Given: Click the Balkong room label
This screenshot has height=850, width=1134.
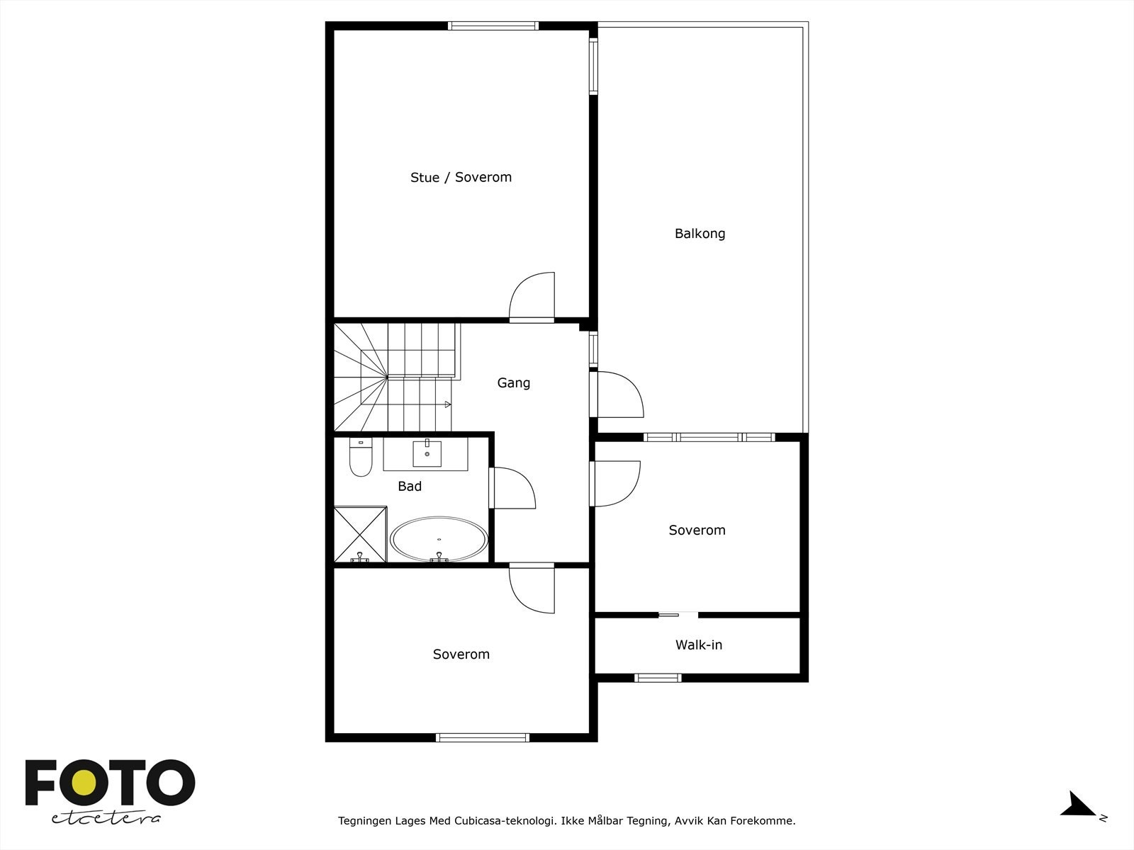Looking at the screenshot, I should click(x=700, y=234).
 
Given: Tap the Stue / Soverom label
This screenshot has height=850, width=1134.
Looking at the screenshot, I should click(x=461, y=178).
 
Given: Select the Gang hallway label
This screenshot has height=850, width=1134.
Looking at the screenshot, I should click(x=513, y=383).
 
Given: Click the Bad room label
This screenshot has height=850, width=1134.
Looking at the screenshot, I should click(x=410, y=487).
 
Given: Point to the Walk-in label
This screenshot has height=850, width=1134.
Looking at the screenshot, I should click(x=698, y=645).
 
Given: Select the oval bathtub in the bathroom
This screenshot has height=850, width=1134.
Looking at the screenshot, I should click(x=439, y=540).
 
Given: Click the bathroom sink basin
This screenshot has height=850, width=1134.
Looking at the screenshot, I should click(x=427, y=454).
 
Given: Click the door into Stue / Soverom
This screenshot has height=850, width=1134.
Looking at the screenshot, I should click(x=532, y=298).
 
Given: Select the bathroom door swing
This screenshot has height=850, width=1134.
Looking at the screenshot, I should click(x=512, y=488).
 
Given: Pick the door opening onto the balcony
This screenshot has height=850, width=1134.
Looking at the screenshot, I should click(x=619, y=394).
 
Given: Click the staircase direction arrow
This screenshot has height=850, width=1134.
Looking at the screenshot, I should click(x=447, y=404).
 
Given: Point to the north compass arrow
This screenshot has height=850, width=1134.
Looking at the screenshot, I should click(x=1078, y=805).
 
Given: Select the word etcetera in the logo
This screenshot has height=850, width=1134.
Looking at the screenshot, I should click(x=106, y=818).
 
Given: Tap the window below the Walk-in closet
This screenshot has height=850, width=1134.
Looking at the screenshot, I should click(x=658, y=678).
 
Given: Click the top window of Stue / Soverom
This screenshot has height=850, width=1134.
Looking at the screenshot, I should click(x=493, y=26).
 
